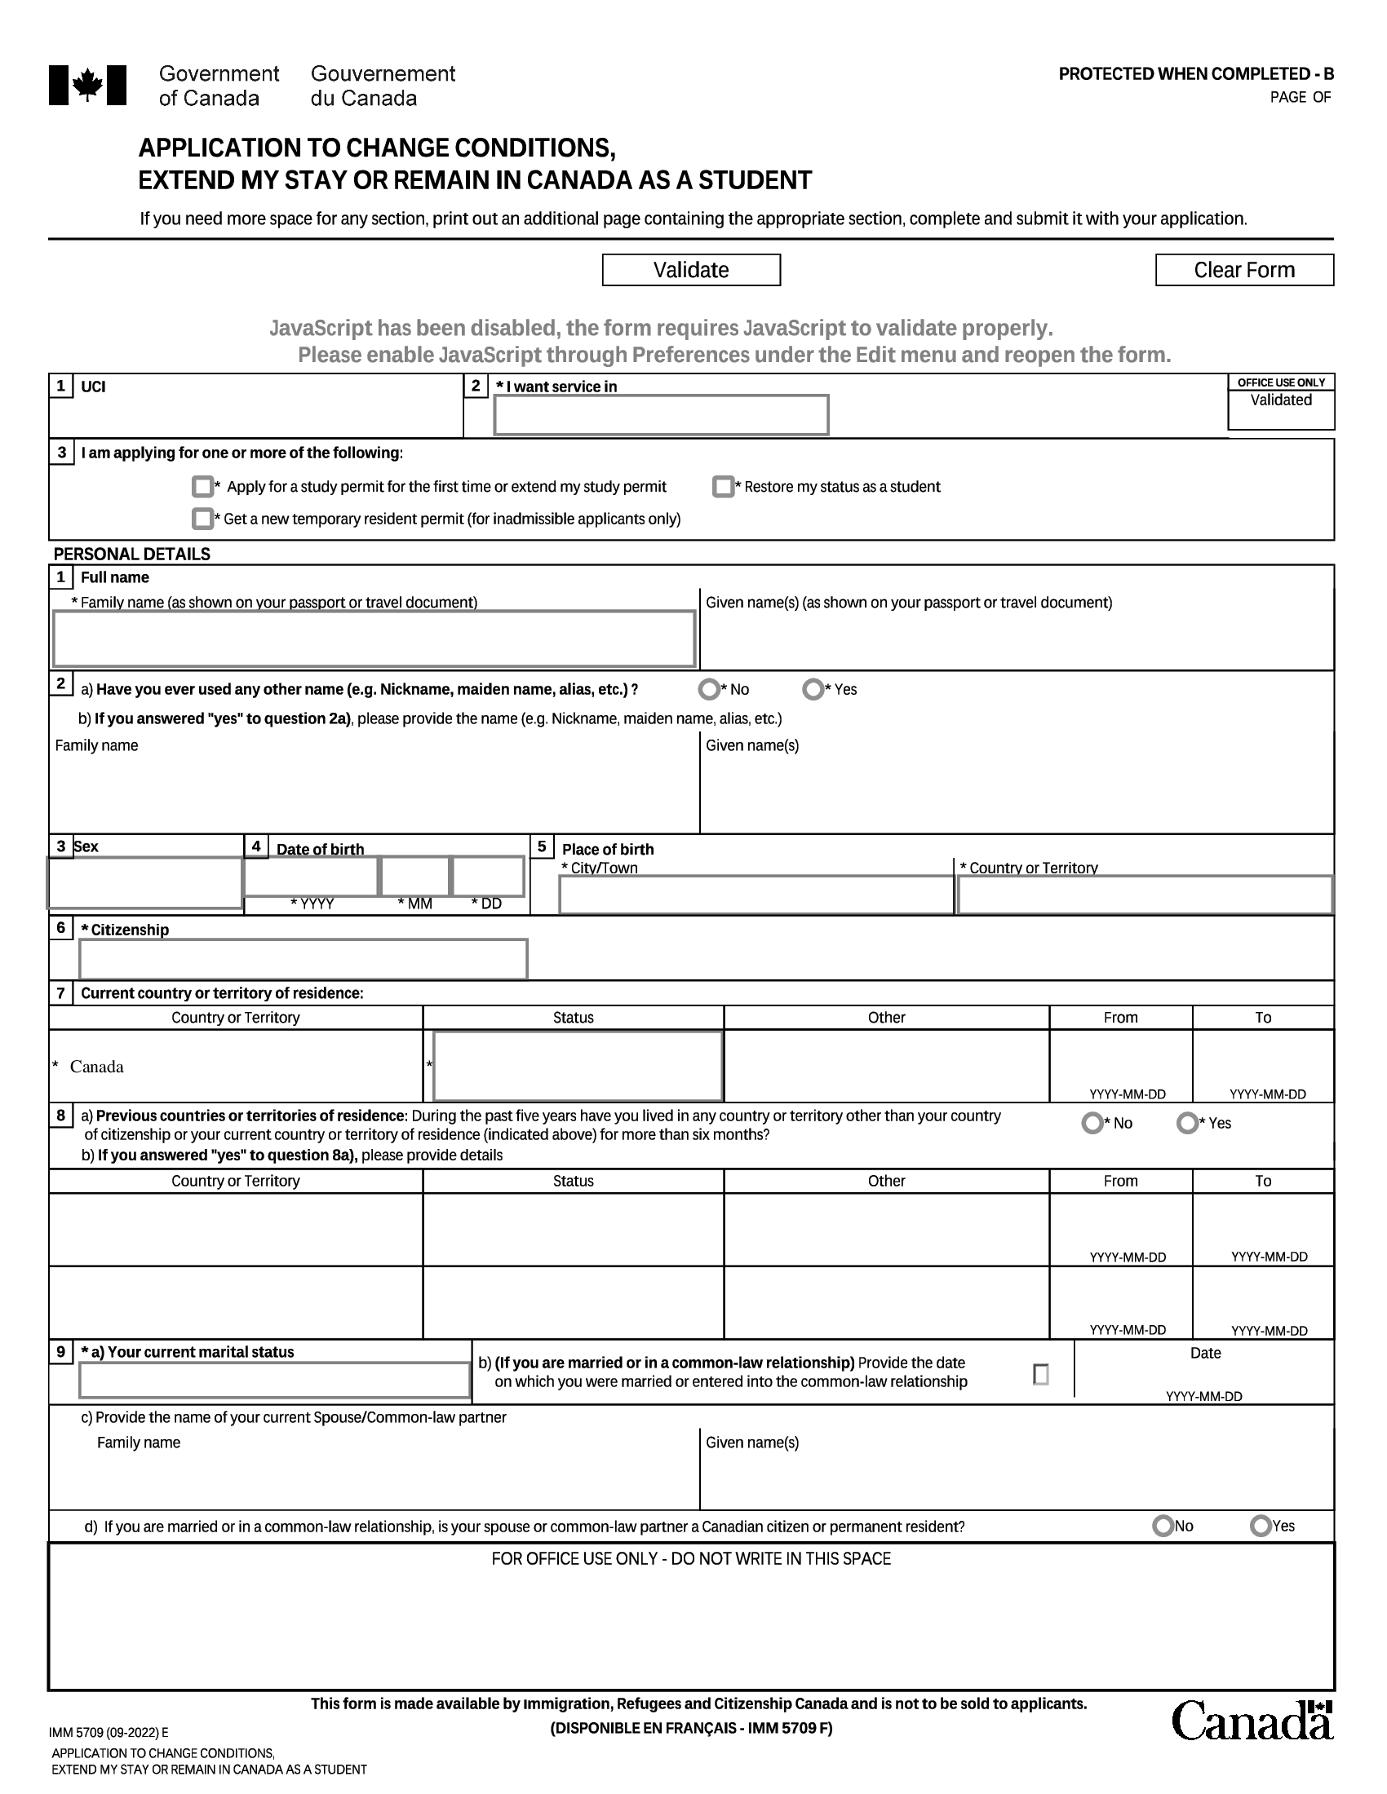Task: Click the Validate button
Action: click(x=691, y=270)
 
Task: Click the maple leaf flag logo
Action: click(x=88, y=86)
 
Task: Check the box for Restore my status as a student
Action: click(x=723, y=487)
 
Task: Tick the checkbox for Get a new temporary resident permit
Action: click(x=202, y=519)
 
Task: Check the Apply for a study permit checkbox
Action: click(x=202, y=487)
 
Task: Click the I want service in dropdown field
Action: click(x=661, y=416)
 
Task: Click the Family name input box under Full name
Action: click(x=374, y=639)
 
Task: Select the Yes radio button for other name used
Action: click(x=813, y=689)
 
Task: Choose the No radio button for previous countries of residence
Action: click(x=1092, y=1123)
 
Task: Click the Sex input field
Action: click(x=144, y=883)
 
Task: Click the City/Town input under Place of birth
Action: click(x=756, y=895)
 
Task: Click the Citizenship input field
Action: click(x=304, y=960)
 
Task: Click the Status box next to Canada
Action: click(x=578, y=1067)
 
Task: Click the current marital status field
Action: click(x=274, y=1380)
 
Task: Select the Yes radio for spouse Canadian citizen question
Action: click(x=1261, y=1527)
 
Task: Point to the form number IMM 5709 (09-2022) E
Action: click(x=109, y=1733)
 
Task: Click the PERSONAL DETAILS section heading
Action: click(x=132, y=555)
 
